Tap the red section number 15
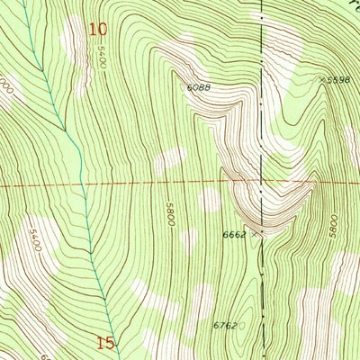point(105,342)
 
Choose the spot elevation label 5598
point(338,80)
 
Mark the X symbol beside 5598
point(321,80)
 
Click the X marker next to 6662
point(256,233)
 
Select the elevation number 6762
point(224,326)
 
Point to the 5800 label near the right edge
point(333,224)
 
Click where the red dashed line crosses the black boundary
point(262,184)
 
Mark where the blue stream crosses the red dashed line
point(81,185)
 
